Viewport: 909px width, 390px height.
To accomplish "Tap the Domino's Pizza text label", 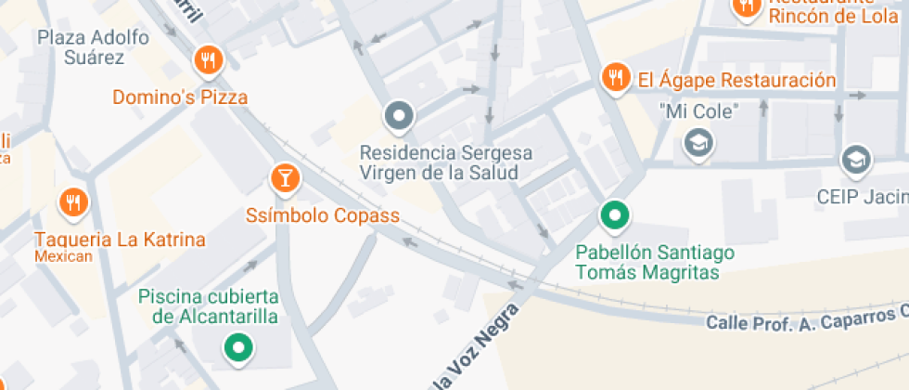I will (x=180, y=97).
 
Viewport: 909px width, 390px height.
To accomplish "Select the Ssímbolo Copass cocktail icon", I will (x=285, y=177).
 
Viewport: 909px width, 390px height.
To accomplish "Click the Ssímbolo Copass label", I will (x=322, y=215).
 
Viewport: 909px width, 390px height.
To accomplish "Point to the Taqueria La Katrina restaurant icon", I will (x=72, y=201).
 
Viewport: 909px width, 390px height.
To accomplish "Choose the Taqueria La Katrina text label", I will (x=120, y=240).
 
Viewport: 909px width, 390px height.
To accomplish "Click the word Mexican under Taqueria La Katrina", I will (x=64, y=256).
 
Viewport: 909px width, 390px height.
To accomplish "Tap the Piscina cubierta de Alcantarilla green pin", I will (x=239, y=348).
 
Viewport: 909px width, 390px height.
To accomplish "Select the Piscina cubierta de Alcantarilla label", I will (x=209, y=306).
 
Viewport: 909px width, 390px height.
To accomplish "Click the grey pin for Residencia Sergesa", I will (x=399, y=116).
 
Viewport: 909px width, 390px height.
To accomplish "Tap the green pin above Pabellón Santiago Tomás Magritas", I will (x=612, y=215).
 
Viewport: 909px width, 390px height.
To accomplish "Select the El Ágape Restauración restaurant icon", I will (x=614, y=79).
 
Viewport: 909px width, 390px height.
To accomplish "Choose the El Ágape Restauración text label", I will (x=736, y=80).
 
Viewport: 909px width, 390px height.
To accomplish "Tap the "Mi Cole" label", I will (x=698, y=111).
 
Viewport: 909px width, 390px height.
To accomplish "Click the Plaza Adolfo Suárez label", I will (x=82, y=46).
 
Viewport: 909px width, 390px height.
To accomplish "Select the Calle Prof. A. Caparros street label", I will (x=805, y=320).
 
